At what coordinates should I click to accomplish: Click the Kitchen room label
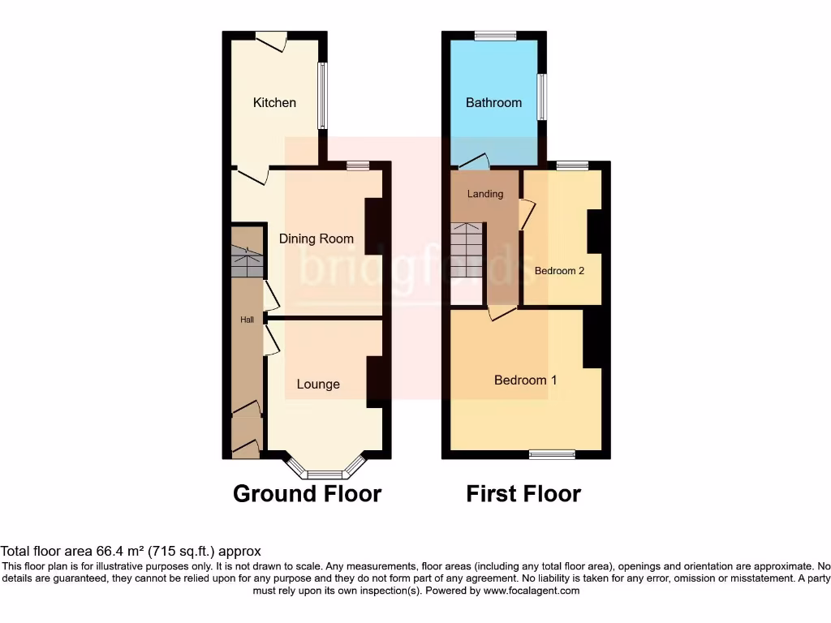[x=274, y=102]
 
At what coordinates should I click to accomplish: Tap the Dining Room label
[x=316, y=238]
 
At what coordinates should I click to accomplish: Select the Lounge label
[x=318, y=384]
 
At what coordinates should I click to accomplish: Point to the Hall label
[x=247, y=320]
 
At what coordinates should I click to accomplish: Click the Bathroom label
[x=493, y=102]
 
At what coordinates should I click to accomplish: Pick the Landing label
[x=485, y=194]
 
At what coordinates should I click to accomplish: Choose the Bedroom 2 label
[x=559, y=271]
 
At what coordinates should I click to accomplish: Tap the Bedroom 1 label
[x=525, y=380]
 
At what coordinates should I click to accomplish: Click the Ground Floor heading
[x=307, y=493]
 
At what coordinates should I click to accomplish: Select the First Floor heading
[x=523, y=493]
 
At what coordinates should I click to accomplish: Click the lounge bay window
[x=327, y=470]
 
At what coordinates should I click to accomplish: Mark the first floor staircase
[x=467, y=239]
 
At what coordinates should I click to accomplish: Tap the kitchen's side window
[x=322, y=96]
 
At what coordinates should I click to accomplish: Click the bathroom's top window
[x=495, y=35]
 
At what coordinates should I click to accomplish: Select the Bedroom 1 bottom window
[x=552, y=455]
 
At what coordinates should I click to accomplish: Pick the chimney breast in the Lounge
[x=376, y=380]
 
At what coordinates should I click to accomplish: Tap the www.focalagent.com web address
[x=532, y=591]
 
